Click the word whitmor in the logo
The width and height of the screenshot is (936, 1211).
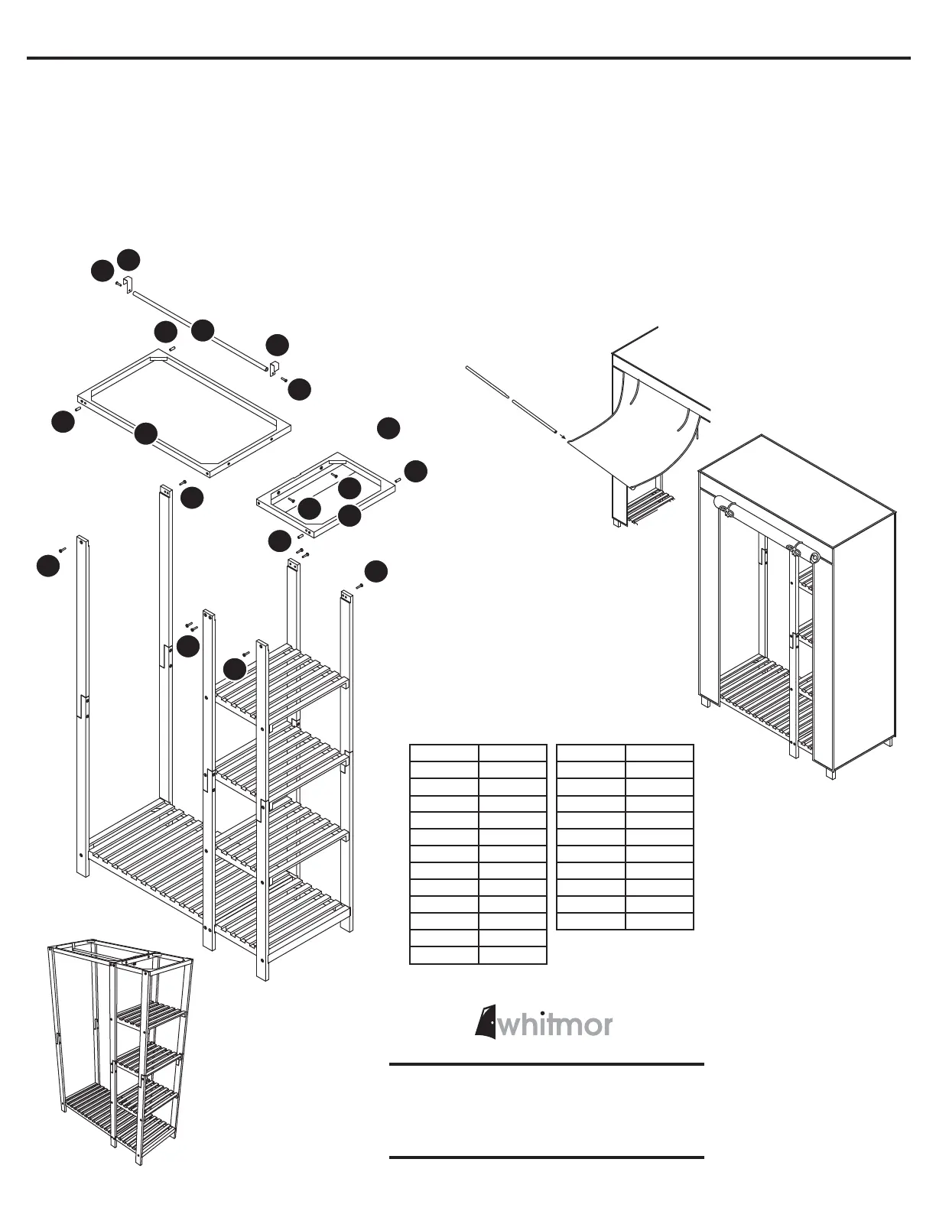click(x=555, y=1024)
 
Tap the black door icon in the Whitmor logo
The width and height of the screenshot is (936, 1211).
click(x=484, y=1021)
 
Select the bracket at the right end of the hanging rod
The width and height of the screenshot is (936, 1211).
click(x=273, y=369)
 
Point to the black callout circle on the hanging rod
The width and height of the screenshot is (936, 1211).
click(x=203, y=330)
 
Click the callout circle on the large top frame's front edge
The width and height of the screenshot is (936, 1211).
click(x=145, y=433)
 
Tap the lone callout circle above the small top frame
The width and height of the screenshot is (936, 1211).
click(x=388, y=428)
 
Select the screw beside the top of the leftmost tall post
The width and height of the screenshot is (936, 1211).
click(x=63, y=549)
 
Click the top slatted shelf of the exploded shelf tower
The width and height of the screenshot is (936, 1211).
click(x=279, y=677)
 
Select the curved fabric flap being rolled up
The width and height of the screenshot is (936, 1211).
click(x=635, y=443)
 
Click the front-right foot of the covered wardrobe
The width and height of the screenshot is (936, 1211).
click(x=830, y=771)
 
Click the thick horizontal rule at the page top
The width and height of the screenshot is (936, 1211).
click(x=468, y=58)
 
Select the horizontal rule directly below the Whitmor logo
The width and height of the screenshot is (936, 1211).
click(x=546, y=1064)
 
